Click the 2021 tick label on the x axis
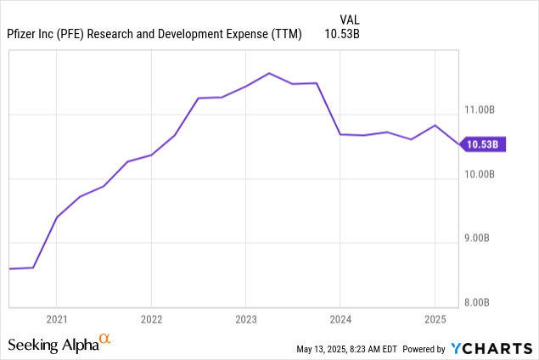click(56, 319)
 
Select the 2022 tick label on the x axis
click(151, 319)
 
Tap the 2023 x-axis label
click(245, 319)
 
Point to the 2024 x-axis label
click(340, 319)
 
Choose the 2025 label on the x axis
click(435, 319)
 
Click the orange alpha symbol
click(105, 340)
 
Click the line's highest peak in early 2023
click(269, 73)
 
